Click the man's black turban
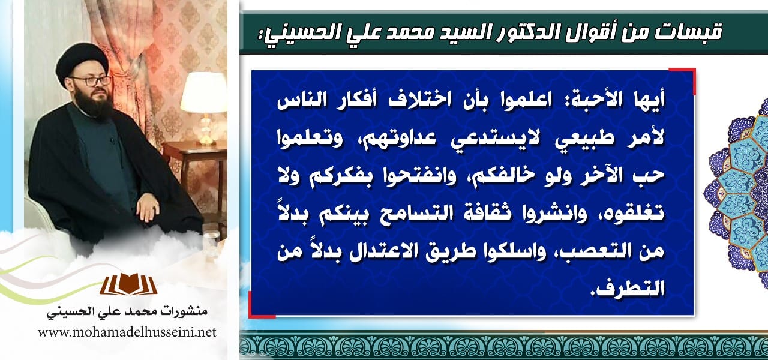click(x=82, y=61)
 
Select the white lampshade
click(x=203, y=92)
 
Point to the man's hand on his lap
click(x=148, y=207)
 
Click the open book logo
click(x=128, y=284)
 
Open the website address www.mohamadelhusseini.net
click(x=127, y=332)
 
